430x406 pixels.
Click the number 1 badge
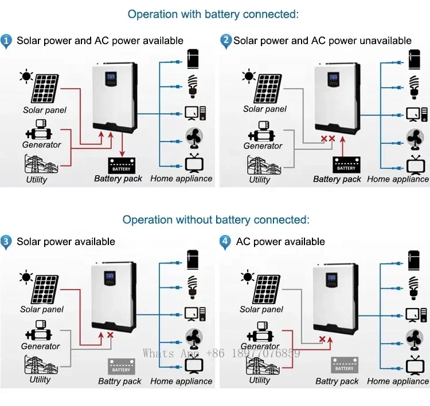(x=6, y=41)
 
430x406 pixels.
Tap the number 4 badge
(x=225, y=241)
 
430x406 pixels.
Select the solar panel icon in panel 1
(x=49, y=88)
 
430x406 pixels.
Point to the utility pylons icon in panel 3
(x=41, y=365)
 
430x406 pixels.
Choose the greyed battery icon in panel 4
(x=344, y=365)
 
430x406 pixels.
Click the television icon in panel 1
(x=193, y=163)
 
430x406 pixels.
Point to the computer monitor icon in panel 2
(x=414, y=113)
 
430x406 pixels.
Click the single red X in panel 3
(x=110, y=335)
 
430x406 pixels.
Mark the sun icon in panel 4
(x=248, y=278)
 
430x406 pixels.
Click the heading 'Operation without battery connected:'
(x=216, y=219)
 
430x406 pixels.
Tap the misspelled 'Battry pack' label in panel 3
(x=119, y=381)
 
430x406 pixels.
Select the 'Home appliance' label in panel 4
(x=398, y=381)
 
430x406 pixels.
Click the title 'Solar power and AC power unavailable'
(x=322, y=41)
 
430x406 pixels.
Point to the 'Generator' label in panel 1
(x=41, y=145)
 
